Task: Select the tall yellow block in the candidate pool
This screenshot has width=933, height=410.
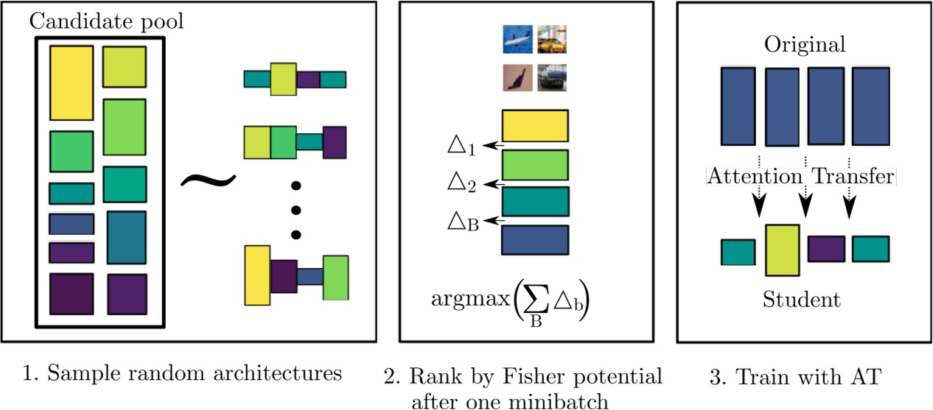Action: tap(71, 82)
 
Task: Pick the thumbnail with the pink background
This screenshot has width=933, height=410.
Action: tap(517, 77)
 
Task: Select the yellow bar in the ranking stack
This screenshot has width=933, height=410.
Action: tap(534, 126)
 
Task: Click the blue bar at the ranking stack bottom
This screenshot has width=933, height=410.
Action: tap(534, 240)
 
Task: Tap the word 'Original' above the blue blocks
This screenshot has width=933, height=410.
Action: tap(805, 46)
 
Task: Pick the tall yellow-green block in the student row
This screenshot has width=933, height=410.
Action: tap(782, 250)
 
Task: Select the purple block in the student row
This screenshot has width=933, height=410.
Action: tap(825, 250)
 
